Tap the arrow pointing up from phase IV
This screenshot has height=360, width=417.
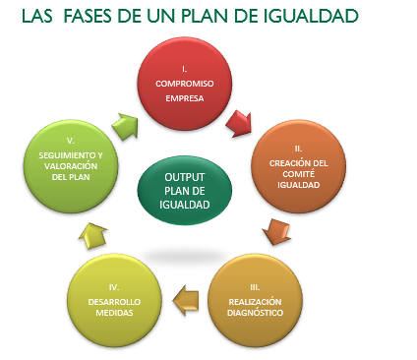point(92,235)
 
